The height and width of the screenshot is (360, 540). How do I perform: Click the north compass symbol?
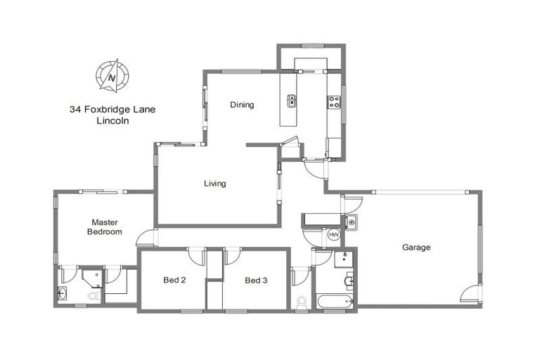(x=112, y=75)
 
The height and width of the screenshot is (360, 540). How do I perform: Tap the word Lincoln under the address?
(x=112, y=121)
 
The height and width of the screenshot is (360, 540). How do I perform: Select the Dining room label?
(x=242, y=105)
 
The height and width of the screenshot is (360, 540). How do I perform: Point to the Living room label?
(x=214, y=184)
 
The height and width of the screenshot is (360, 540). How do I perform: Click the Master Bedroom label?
(x=104, y=226)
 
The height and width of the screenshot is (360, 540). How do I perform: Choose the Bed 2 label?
(x=174, y=281)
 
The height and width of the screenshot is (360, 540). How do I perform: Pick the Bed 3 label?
(x=256, y=281)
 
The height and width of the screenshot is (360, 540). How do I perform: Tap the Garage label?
(x=416, y=247)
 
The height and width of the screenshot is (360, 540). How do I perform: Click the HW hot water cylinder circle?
(x=334, y=235)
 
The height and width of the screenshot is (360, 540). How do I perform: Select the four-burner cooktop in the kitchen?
(x=333, y=102)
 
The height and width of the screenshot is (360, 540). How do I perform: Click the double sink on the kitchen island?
(x=290, y=102)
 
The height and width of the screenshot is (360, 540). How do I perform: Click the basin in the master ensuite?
(x=63, y=293)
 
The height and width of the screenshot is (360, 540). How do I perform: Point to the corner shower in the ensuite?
(x=92, y=276)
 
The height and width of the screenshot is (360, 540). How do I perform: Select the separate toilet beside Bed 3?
(x=302, y=302)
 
